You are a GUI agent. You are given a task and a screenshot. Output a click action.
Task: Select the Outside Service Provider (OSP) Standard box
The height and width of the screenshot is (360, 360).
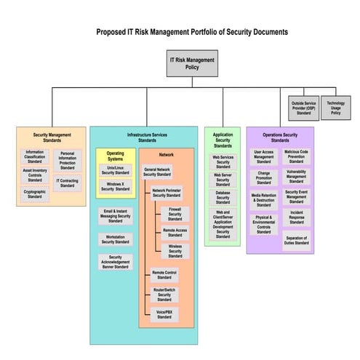tap(303, 106)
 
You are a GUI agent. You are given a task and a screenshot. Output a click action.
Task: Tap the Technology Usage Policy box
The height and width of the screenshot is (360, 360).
tap(335, 106)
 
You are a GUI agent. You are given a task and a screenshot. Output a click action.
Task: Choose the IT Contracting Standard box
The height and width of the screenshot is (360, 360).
tap(67, 183)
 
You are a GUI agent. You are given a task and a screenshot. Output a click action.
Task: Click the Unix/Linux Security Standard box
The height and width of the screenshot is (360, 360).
tap(116, 169)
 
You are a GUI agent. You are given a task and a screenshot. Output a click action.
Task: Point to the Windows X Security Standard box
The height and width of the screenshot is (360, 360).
tap(116, 186)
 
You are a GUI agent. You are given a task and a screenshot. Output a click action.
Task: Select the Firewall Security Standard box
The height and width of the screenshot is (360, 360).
tap(175, 212)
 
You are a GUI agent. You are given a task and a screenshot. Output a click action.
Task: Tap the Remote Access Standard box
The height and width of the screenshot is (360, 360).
tap(175, 232)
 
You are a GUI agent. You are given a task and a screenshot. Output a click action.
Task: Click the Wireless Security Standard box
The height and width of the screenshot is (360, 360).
tap(175, 251)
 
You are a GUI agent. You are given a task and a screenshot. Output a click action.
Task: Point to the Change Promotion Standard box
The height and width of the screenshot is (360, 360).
tap(263, 177)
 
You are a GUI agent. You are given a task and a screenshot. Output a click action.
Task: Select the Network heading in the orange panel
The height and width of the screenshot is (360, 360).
tap(166, 156)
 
